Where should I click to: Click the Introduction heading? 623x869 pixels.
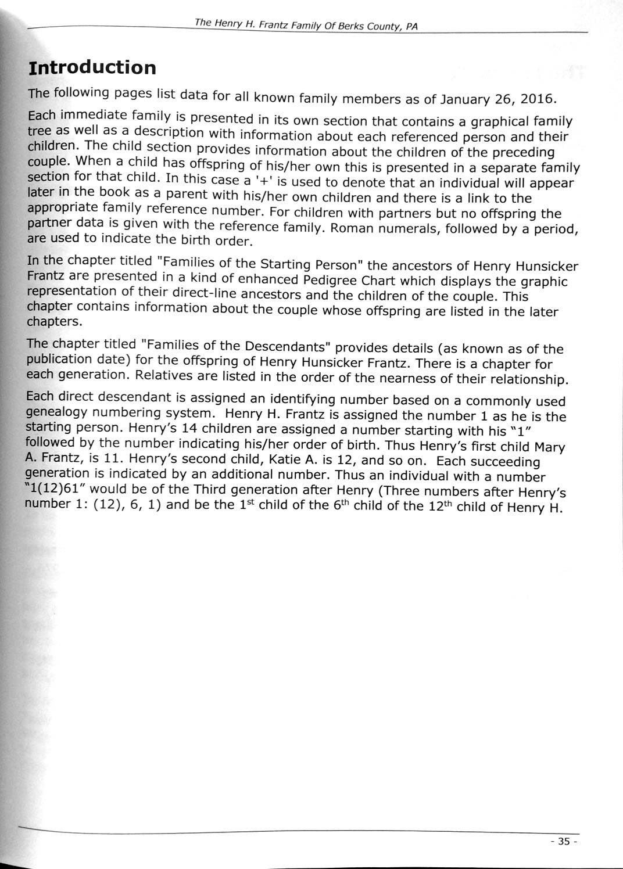pos(92,68)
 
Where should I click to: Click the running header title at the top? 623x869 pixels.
pos(306,25)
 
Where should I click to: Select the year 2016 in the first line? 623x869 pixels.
pos(538,99)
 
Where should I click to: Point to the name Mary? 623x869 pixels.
pos(550,447)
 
